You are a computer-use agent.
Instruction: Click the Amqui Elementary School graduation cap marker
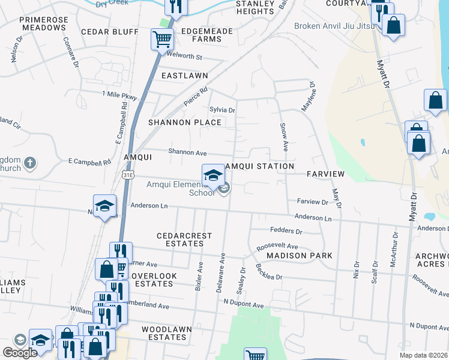212,175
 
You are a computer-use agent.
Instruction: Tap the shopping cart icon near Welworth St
162,40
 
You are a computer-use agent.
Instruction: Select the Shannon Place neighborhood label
185,122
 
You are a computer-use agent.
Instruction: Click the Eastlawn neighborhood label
184,76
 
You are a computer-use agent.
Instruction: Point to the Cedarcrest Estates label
184,240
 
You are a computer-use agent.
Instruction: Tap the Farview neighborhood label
325,174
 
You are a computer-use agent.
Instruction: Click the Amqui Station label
259,166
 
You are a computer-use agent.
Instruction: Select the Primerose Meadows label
44,24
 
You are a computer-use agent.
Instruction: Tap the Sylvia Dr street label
222,110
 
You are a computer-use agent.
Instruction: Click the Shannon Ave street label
187,152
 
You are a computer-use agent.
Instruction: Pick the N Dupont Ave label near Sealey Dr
244,305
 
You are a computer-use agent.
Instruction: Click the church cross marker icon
30,162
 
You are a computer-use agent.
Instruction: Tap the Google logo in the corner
20,353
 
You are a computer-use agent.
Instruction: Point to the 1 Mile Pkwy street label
119,95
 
